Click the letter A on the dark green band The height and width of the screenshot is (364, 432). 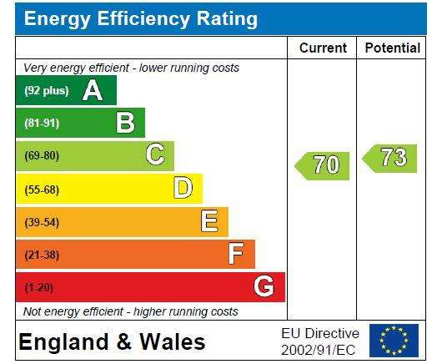pos(93,90)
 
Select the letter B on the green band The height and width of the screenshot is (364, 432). pos(126,123)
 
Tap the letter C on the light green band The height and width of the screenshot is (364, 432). pos(155,154)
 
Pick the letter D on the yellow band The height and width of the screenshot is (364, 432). pos(183,187)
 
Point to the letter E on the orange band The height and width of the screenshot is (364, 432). pos(209,220)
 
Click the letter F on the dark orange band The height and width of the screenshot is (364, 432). pos(236,253)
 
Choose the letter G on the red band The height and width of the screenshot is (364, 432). pos(264,286)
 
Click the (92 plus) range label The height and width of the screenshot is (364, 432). pos(47,91)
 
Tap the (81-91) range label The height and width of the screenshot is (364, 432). pos(42,123)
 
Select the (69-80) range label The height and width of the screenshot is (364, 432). pos(42,155)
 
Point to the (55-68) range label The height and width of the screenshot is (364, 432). pos(42,190)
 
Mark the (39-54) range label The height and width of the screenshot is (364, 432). pos(42,222)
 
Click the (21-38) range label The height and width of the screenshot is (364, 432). pos(42,255)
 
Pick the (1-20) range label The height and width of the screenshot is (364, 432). pos(38,287)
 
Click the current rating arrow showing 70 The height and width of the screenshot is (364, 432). pos(322,166)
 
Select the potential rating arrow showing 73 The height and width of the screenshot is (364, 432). pos(389,159)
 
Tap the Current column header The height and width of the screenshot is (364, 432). pos(323,48)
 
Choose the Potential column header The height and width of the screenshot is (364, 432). pos(392,48)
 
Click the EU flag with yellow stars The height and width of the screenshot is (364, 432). pos(394,340)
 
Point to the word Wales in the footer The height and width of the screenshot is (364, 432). pos(173,341)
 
